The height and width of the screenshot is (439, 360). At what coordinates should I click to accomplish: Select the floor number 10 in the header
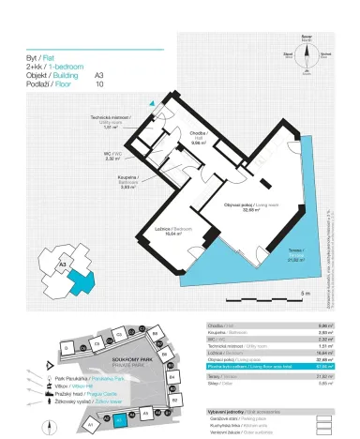tap(98, 83)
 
